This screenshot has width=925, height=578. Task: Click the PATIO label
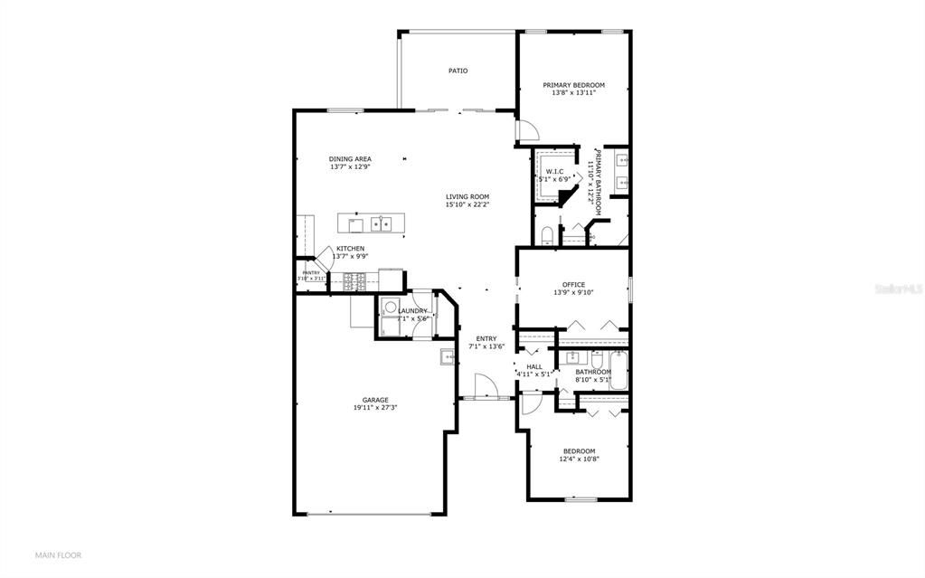(458, 71)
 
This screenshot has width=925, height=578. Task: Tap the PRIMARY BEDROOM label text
(573, 85)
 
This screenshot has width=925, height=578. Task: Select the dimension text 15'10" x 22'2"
(467, 205)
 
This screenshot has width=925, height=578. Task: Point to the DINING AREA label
(350, 159)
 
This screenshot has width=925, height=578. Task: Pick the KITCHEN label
(350, 249)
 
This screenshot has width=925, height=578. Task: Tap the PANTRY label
(311, 272)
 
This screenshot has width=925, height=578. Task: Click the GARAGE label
(375, 400)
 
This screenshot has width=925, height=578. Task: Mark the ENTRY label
(486, 338)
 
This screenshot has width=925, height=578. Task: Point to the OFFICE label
(573, 285)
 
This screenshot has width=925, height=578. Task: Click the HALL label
(533, 366)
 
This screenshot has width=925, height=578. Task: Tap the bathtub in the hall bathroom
(619, 374)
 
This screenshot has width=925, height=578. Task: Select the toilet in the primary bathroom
(546, 236)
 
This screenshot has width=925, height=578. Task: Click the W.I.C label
(554, 171)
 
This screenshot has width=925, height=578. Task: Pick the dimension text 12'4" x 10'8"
(579, 460)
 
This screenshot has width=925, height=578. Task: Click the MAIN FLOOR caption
(58, 554)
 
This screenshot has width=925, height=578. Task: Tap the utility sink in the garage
(447, 356)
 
